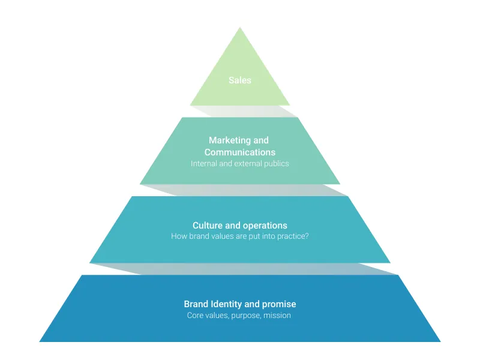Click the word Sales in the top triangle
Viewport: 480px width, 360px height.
coord(239,80)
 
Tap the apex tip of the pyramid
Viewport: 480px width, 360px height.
coord(240,28)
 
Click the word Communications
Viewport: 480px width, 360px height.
coord(240,152)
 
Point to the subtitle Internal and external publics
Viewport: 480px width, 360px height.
coord(240,163)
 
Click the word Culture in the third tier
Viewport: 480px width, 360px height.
coord(207,226)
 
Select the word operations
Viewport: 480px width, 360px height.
coord(265,226)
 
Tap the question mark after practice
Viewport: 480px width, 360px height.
coord(307,236)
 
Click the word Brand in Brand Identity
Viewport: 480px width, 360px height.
coord(196,304)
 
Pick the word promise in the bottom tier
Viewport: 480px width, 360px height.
coord(280,304)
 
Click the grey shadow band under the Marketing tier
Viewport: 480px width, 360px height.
coord(252,190)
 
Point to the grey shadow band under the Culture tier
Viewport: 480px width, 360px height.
coord(252,269)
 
